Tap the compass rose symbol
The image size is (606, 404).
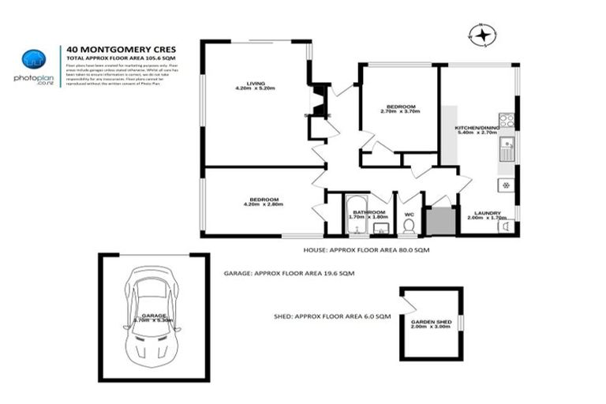tap(483, 34)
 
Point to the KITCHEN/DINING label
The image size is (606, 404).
tap(477, 128)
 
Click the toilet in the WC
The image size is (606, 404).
tap(408, 226)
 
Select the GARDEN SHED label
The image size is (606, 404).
tap(430, 322)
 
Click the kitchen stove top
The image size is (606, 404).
tap(507, 122)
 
